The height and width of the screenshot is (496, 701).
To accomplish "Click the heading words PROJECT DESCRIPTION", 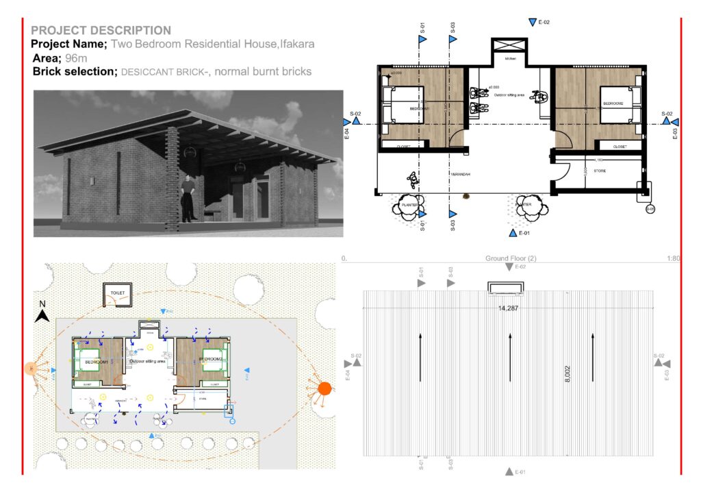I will [101, 31].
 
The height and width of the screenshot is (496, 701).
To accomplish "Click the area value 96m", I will [76, 58].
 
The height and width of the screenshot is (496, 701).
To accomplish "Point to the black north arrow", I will [42, 315].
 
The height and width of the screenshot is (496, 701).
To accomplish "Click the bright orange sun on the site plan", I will [324, 389].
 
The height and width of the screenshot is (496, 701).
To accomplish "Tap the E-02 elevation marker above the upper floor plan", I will [533, 23].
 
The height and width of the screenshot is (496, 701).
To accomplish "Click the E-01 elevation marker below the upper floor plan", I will [513, 233].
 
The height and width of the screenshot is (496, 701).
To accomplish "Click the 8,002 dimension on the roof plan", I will [568, 375].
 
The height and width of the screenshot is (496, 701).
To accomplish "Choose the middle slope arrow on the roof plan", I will [509, 356].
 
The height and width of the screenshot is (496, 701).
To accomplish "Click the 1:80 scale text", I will [672, 259].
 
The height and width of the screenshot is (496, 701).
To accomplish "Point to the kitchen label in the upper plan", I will [510, 59].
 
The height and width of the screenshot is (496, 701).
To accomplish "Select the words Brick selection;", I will [75, 72].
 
